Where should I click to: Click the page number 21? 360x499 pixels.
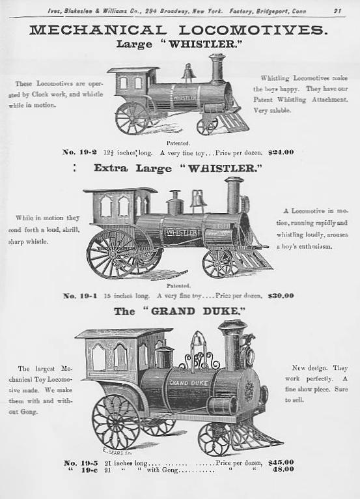337,11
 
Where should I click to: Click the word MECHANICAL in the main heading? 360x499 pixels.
98,30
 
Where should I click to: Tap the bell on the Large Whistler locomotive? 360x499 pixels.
189,72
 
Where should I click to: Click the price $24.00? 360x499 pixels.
281,152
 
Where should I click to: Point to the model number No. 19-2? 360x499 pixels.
79,152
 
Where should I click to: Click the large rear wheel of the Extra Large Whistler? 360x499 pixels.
112,253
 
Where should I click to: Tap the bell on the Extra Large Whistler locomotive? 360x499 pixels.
198,199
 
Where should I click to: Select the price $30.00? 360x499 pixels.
281,296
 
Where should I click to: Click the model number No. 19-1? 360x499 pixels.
80,296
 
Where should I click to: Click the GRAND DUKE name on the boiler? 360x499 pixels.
189,383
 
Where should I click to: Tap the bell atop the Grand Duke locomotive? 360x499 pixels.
197,339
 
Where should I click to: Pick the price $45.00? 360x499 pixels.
281,462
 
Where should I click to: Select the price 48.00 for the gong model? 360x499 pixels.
283,470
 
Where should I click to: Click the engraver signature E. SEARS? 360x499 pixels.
113,451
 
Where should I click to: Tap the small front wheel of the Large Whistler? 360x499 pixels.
207,126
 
